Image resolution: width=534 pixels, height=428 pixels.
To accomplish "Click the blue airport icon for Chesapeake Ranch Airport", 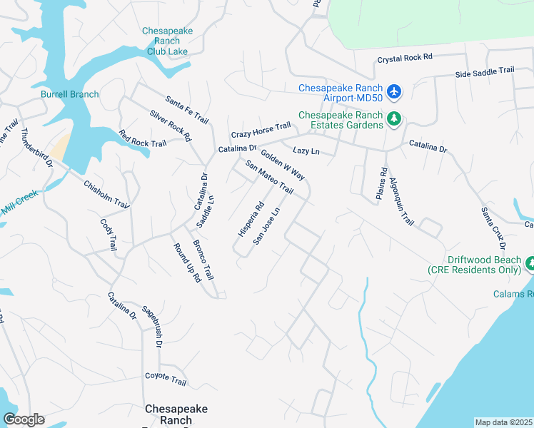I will (x=394, y=91).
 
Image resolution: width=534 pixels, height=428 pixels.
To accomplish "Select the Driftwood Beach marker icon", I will (x=530, y=265).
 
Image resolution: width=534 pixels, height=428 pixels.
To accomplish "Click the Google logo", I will (x=24, y=419).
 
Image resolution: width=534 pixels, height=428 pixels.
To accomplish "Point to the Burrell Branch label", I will (x=69, y=94).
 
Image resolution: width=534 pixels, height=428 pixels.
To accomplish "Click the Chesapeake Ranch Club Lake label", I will (x=167, y=41).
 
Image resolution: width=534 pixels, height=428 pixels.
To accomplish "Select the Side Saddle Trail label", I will (x=485, y=71).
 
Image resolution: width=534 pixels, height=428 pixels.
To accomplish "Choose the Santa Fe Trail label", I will (x=186, y=109).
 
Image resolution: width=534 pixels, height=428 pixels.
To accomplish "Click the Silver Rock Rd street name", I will (x=171, y=125).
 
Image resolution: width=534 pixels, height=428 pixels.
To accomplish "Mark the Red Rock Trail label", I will (x=142, y=138).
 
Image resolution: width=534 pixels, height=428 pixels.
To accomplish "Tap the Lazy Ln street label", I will (x=306, y=151).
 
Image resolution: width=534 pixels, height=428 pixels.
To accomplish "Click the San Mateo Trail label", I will (x=269, y=177).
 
